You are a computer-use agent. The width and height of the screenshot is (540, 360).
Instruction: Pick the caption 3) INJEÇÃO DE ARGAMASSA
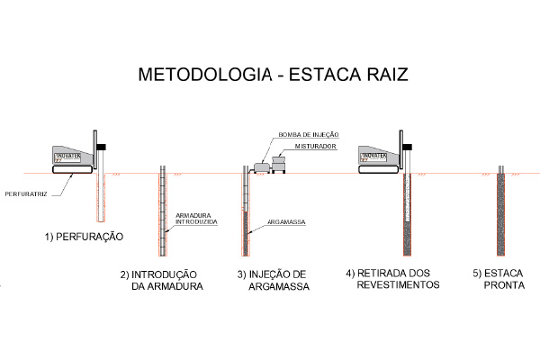tap(273, 280)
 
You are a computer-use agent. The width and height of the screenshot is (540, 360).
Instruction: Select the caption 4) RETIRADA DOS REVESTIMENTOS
tap(394, 278)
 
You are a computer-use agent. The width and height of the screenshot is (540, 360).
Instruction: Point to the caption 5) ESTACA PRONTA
tap(499, 280)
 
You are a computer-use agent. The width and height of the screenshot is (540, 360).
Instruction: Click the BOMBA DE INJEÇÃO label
tap(308, 135)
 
